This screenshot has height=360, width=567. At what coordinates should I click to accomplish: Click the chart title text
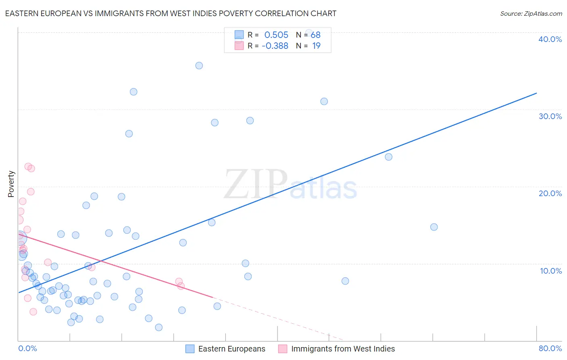click(171, 13)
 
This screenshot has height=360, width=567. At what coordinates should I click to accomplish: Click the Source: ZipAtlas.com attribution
click(531, 14)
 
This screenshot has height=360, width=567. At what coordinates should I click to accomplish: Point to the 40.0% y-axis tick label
click(550, 39)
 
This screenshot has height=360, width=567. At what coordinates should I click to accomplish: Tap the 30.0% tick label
click(550, 116)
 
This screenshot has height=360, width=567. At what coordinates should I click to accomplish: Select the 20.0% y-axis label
click(550, 193)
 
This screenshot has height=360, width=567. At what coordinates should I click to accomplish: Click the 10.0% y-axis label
click(550, 271)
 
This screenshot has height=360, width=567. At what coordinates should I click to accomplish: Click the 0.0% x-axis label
click(27, 348)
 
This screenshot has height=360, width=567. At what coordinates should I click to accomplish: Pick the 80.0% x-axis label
click(550, 348)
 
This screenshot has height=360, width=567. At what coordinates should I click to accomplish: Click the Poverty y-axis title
click(11, 184)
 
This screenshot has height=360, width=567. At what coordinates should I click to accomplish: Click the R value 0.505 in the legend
click(276, 35)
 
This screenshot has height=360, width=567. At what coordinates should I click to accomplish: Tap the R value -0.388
click(275, 46)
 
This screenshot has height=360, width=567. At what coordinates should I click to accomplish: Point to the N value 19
click(316, 46)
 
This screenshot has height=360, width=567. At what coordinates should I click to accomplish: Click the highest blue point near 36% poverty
click(199, 65)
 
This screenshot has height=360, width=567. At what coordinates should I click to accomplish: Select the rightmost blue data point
click(434, 227)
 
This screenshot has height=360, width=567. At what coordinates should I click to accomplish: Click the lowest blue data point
click(158, 327)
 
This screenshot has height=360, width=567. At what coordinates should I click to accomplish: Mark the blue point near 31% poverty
click(324, 101)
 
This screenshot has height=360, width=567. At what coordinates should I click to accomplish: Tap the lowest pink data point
click(33, 312)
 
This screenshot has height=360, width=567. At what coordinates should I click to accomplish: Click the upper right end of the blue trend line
click(536, 93)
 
